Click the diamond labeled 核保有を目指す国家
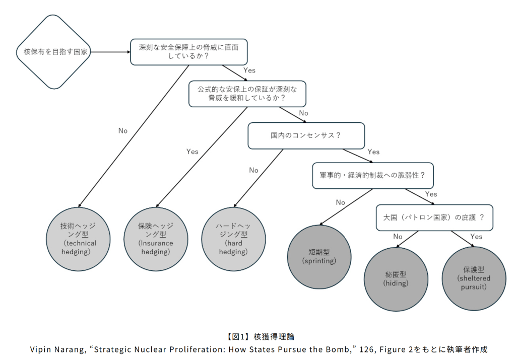point(53,52)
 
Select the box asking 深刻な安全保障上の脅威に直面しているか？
point(188,52)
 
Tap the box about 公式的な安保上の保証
point(247,93)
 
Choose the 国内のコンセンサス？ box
point(306,135)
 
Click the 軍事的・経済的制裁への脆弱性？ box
point(372,176)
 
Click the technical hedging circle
point(79,239)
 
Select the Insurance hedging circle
point(156,239)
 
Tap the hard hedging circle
point(232,239)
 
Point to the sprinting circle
point(319,257)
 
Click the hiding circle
point(396,279)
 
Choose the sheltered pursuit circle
point(474,278)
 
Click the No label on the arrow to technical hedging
point(123,130)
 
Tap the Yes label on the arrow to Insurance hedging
point(192,151)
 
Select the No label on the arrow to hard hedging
point(253,170)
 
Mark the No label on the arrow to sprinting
point(341,202)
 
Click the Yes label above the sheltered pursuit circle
point(476,236)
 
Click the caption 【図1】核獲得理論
point(258,336)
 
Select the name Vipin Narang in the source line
point(55,349)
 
